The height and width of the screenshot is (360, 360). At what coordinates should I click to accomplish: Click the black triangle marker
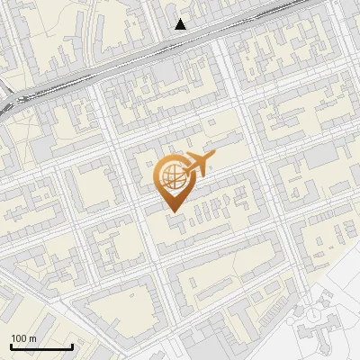[x=181, y=24]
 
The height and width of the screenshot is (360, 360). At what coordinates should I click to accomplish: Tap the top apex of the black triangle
[x=181, y=19]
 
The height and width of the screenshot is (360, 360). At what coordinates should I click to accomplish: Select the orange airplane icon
[x=199, y=164]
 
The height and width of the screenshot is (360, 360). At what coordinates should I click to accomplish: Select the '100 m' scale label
[x=23, y=338]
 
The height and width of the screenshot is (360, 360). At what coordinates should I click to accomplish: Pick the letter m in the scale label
[x=32, y=338]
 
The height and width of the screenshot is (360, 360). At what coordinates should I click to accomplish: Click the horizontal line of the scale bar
[x=41, y=347]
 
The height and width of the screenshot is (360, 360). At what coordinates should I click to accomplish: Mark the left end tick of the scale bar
[x=11, y=346]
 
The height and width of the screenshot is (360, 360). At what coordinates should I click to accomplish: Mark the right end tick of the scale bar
[x=72, y=346]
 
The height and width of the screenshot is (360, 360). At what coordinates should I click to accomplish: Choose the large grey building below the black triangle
[x=166, y=70]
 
